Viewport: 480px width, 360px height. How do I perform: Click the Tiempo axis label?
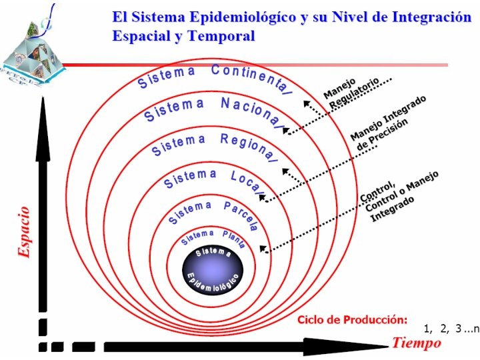(416, 343)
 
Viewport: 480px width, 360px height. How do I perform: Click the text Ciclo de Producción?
(352, 319)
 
